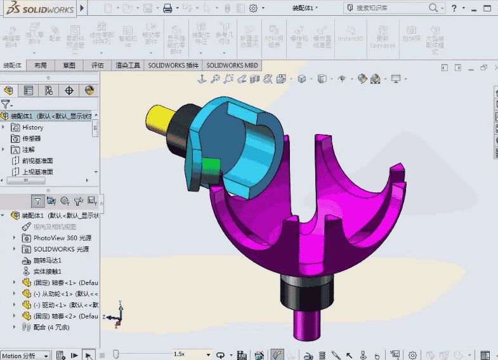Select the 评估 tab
click(97, 65)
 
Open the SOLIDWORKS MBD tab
click(232, 65)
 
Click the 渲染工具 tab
click(128, 65)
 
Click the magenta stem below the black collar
click(306, 324)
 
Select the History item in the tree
click(32, 128)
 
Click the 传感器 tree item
click(31, 138)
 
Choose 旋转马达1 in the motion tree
click(47, 260)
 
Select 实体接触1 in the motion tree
click(47, 271)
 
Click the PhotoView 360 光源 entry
click(61, 237)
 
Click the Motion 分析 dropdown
click(25, 356)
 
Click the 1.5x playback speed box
click(190, 354)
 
